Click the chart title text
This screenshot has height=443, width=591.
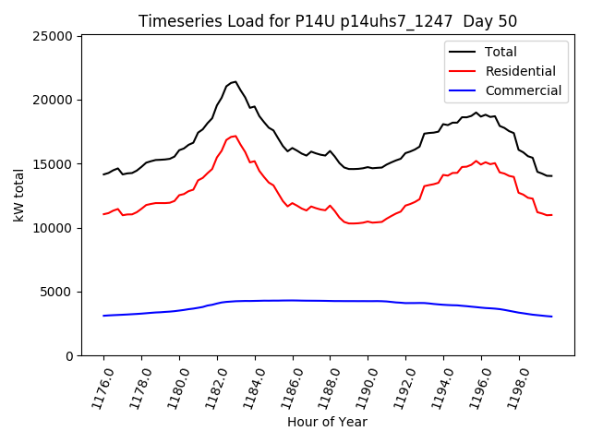pos(328,21)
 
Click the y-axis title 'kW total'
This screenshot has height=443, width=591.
pos(19,196)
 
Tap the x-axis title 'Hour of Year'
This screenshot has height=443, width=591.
pos(327,422)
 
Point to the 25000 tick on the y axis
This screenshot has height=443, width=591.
pos(54,36)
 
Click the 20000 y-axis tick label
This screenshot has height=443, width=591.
pos(54,100)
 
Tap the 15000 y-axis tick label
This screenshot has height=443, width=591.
pos(54,164)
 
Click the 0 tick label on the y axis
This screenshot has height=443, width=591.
pos(70,356)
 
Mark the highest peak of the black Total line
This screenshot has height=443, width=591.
pos(235,81)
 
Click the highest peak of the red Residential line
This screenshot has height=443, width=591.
pos(235,136)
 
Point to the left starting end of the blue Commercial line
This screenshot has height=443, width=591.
pos(103,316)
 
